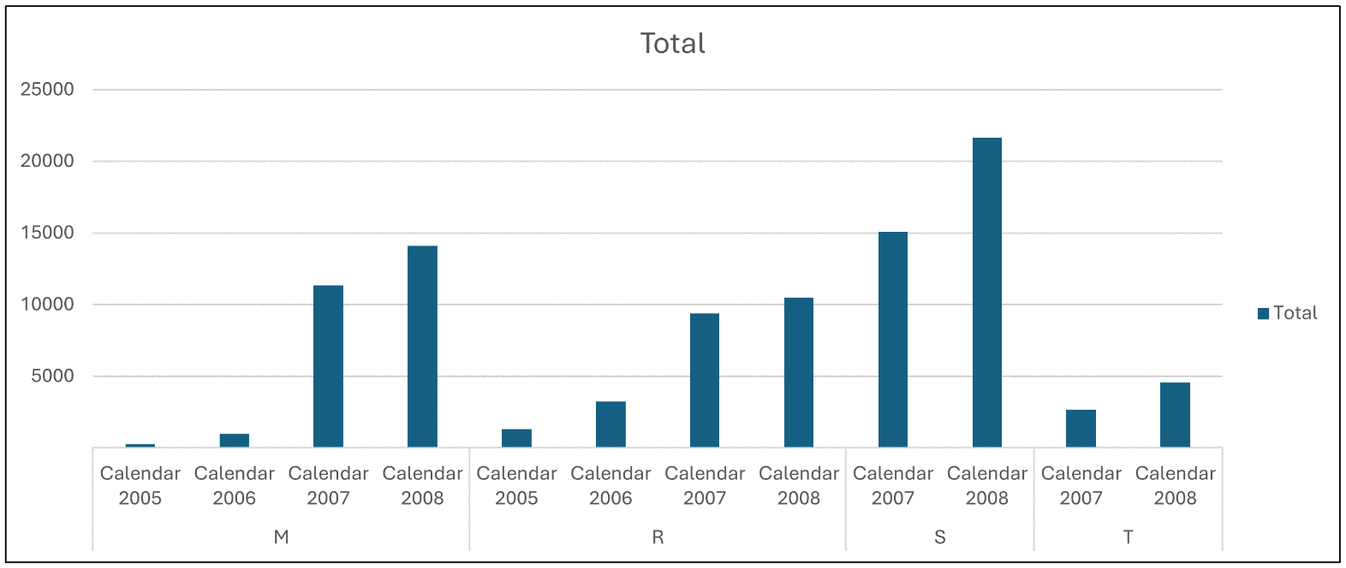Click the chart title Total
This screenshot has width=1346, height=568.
(x=673, y=44)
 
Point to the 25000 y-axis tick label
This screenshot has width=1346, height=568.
(x=48, y=89)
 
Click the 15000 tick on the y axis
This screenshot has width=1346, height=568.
(x=48, y=233)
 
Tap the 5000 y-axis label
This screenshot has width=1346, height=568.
(x=53, y=376)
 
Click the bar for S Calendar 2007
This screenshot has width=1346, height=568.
(x=892, y=340)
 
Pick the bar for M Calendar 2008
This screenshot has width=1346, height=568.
(x=422, y=346)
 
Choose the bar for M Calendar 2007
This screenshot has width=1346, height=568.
(x=328, y=366)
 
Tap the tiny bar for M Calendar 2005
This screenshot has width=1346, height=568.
(x=140, y=445)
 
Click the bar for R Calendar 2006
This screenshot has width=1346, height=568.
(x=610, y=424)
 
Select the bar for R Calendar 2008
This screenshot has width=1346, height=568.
(x=799, y=372)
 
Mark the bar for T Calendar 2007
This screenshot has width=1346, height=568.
(x=1081, y=429)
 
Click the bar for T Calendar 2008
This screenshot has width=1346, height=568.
(x=1175, y=415)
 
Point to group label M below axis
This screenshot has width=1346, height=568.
(x=281, y=537)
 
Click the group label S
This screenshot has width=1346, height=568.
(x=939, y=537)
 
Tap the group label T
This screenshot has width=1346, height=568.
(x=1128, y=537)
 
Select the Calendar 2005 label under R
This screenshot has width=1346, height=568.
(x=516, y=485)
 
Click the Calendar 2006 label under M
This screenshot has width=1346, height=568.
(x=234, y=485)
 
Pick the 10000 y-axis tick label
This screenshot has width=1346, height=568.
(x=48, y=305)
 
